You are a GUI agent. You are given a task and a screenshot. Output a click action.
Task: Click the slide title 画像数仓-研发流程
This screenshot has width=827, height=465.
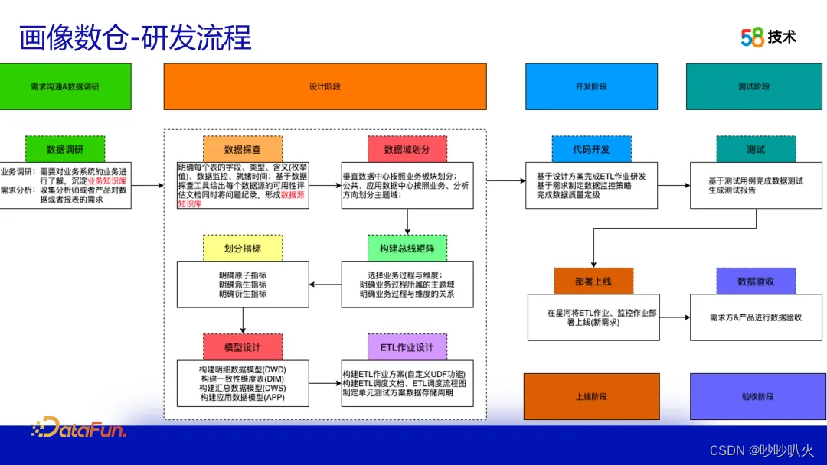click(x=135, y=37)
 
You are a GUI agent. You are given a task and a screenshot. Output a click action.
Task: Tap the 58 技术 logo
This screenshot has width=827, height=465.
click(x=768, y=37)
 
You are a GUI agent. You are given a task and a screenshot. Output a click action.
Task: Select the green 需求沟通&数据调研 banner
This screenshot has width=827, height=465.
click(x=65, y=86)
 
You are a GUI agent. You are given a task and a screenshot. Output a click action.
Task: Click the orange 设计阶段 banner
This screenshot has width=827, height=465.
click(x=325, y=86)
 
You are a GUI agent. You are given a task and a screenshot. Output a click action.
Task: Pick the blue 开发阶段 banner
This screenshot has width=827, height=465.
click(x=591, y=86)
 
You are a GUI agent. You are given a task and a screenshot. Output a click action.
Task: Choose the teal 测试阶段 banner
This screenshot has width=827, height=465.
click(x=753, y=86)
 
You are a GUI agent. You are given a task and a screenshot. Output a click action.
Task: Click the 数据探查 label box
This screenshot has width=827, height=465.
click(x=243, y=149)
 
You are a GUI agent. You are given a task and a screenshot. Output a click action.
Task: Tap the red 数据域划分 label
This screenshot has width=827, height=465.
click(x=407, y=149)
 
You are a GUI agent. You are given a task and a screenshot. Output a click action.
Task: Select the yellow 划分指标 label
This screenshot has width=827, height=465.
click(x=243, y=248)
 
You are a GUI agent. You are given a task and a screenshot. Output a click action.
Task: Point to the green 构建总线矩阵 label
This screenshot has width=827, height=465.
click(x=407, y=248)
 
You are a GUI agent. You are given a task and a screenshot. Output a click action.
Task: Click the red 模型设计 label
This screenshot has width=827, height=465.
click(x=243, y=346)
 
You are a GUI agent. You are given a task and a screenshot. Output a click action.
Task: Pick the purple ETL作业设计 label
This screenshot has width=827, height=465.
click(x=407, y=346)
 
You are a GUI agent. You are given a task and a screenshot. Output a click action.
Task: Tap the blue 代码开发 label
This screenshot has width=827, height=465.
click(x=591, y=149)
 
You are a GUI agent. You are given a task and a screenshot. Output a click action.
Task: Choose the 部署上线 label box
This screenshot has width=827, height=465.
click(x=593, y=281)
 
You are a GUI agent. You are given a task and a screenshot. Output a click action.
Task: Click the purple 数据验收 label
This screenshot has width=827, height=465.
click(x=756, y=281)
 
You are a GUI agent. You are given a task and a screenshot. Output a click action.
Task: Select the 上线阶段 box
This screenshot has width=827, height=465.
click(x=591, y=396)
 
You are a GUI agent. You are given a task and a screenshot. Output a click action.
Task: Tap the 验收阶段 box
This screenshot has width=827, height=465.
click(x=757, y=396)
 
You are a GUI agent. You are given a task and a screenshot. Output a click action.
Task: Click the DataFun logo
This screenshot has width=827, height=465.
click(x=78, y=428)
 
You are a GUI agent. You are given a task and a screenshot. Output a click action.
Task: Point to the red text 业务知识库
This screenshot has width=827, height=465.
click(x=107, y=180)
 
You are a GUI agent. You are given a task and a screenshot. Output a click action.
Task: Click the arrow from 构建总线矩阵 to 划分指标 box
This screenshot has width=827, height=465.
click(x=325, y=285)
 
